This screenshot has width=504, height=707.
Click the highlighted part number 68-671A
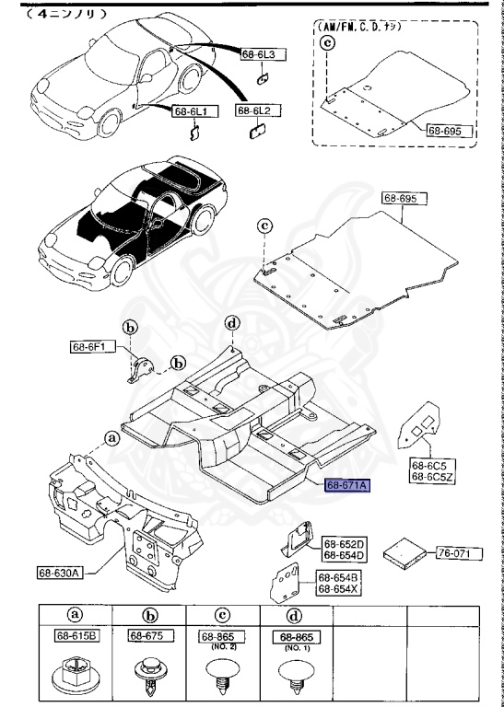[346, 484]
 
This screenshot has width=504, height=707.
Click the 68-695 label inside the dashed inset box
[449, 132]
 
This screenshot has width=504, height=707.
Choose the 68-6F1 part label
[92, 347]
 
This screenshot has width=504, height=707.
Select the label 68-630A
[60, 572]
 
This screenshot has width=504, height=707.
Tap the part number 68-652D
[344, 544]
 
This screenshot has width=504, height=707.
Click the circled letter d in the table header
[294, 615]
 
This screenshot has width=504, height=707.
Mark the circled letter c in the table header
[221, 615]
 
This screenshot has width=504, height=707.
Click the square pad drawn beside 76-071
[406, 552]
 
